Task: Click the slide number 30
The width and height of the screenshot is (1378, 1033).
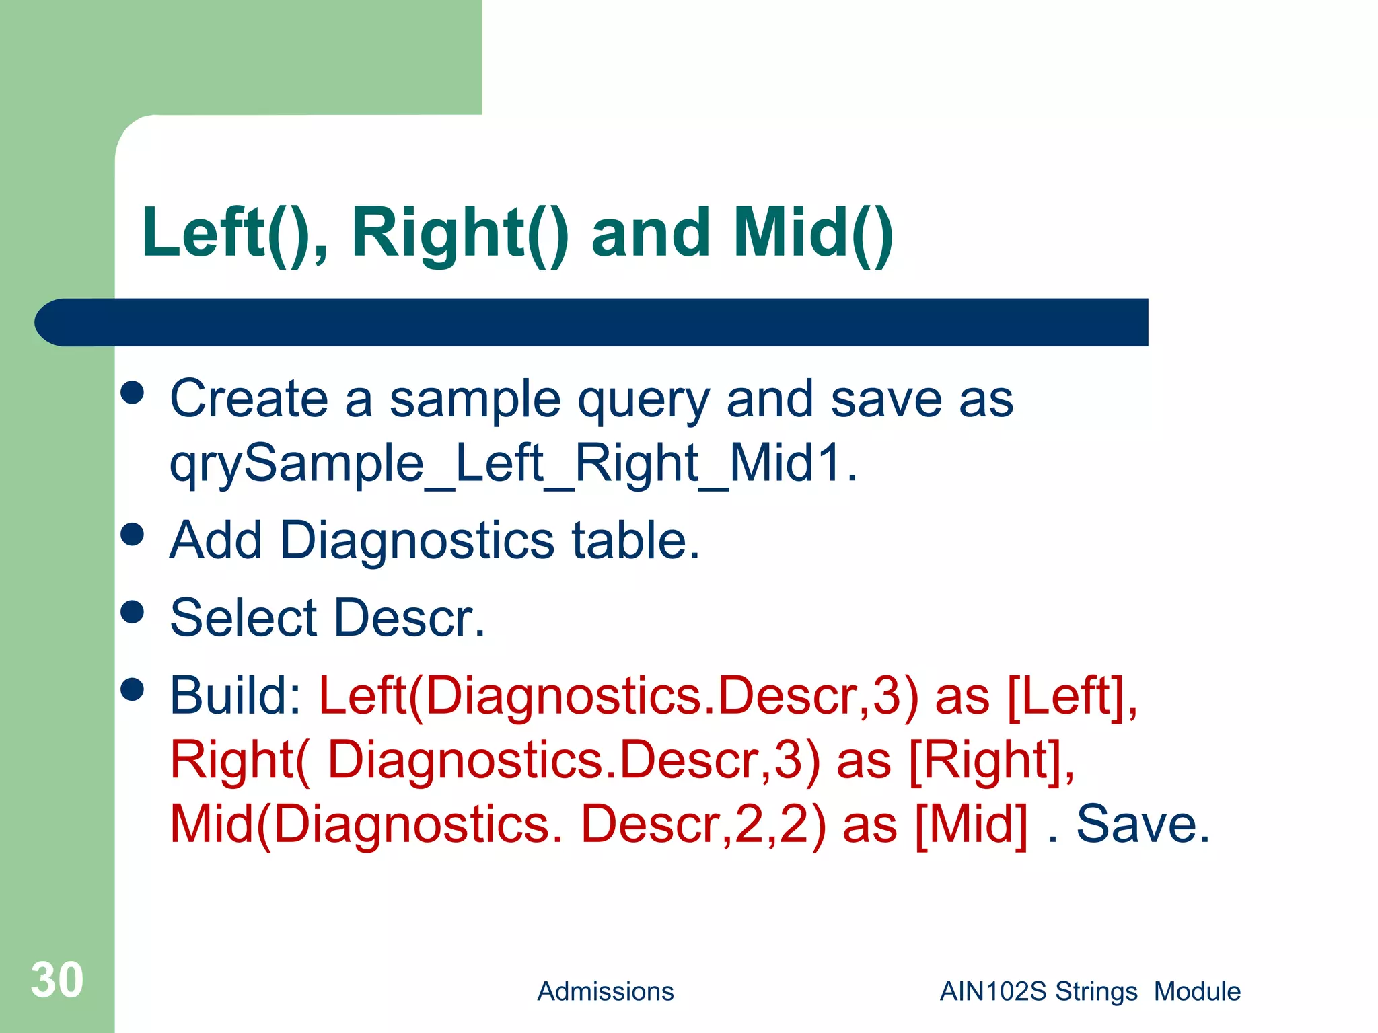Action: coord(57,980)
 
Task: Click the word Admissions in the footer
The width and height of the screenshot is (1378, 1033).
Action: coord(605,991)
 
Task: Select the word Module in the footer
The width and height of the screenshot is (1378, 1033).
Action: coord(1197,991)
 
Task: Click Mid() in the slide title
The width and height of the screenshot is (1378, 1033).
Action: coord(813,233)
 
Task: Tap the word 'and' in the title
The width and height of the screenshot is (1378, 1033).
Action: coord(650,233)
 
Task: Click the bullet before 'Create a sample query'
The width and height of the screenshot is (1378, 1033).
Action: coord(133,393)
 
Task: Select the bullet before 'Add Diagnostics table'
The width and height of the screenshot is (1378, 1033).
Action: coord(133,535)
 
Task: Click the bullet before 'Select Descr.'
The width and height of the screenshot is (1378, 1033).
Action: coord(133,612)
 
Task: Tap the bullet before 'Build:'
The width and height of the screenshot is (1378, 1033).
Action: coord(133,689)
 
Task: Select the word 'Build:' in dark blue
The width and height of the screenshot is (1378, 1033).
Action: coord(235,695)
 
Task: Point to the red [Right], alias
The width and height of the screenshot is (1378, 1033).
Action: coord(991,761)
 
